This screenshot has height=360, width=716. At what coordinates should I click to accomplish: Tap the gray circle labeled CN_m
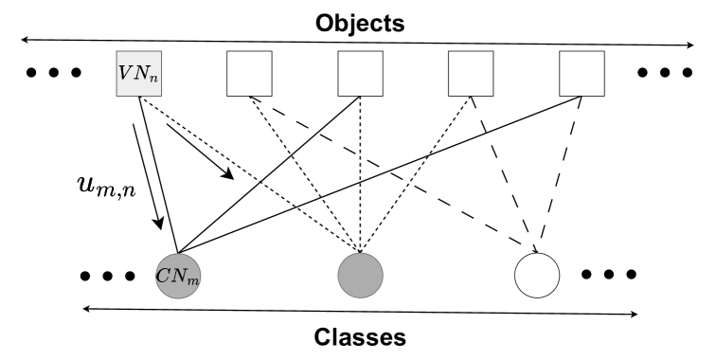pos(180,277)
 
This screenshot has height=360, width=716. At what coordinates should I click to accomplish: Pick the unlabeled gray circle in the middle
pos(360,276)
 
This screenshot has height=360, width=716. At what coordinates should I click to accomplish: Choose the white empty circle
pos(536,276)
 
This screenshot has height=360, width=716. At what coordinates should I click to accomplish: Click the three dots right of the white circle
pos(610,275)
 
